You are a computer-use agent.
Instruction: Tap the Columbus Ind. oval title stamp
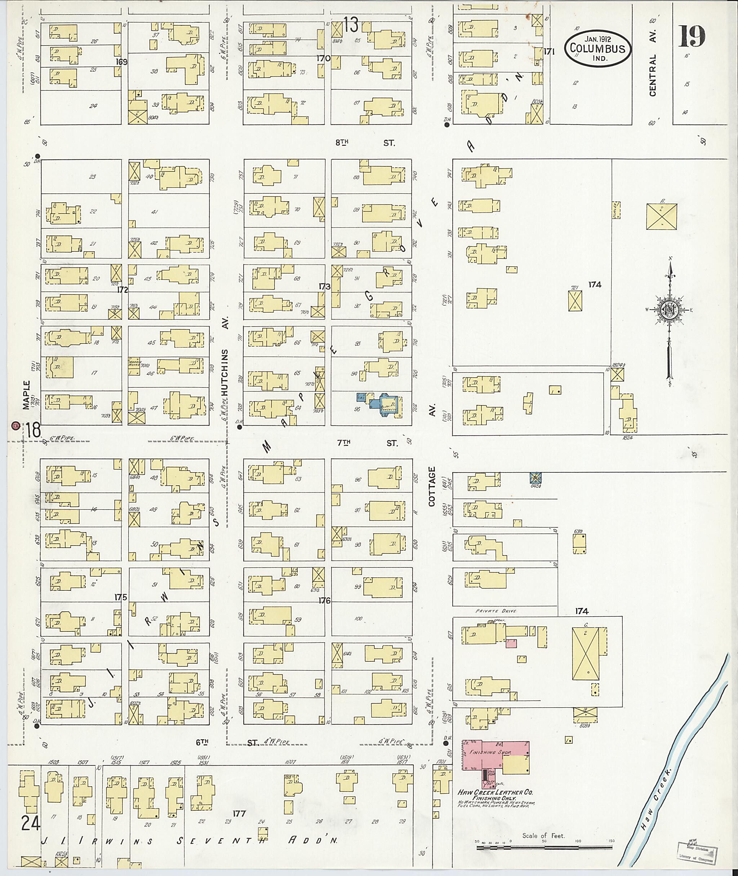tap(597, 49)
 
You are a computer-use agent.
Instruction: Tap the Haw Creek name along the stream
tap(655, 800)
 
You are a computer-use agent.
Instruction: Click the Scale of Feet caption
tap(543, 836)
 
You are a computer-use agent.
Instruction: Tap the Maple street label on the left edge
tap(27, 395)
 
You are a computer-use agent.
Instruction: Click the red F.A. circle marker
tap(16, 426)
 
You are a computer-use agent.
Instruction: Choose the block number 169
tap(122, 62)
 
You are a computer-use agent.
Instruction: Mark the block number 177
tap(239, 813)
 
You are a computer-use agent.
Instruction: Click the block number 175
tap(120, 597)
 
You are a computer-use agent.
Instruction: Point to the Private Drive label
tap(496, 611)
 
